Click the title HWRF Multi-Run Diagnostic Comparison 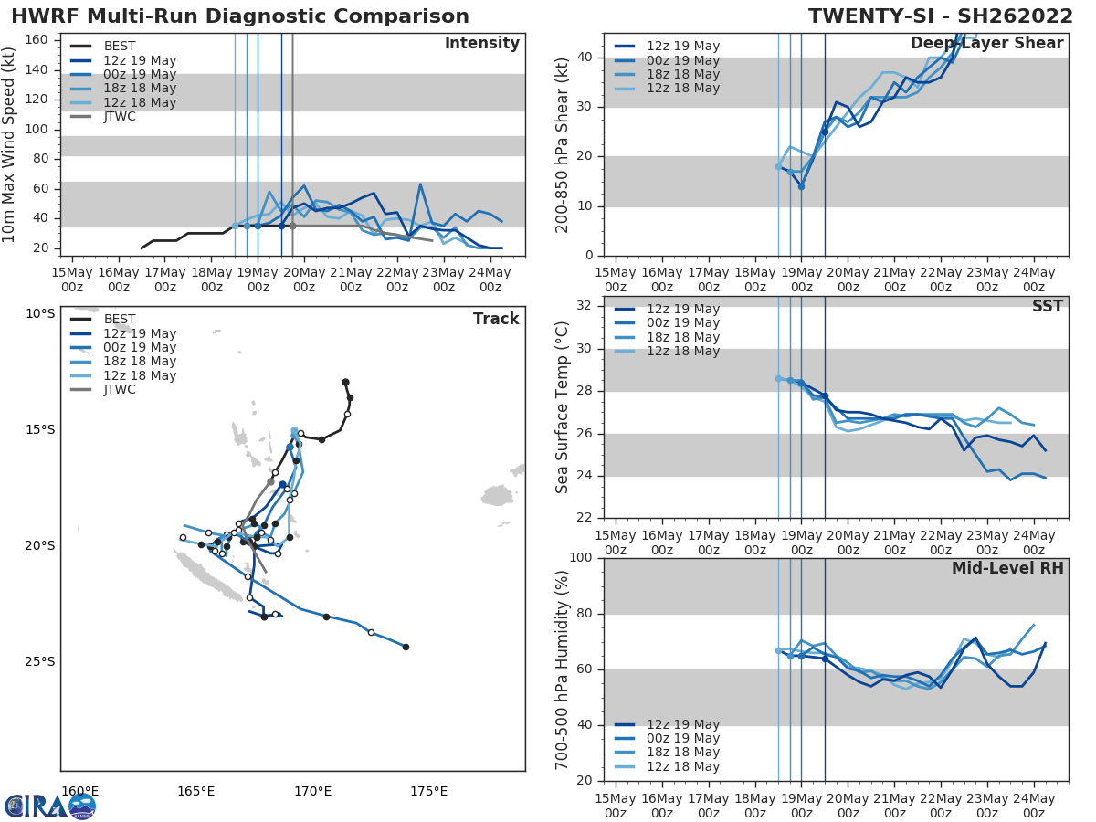(240, 16)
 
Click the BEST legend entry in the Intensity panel (119, 47)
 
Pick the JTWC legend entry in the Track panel (119, 390)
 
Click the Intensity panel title (481, 44)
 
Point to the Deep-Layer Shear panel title (986, 44)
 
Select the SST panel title (1048, 307)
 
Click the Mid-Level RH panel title (1007, 569)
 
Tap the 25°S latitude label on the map (39, 662)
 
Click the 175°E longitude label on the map (428, 791)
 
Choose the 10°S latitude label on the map (39, 314)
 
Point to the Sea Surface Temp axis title (563, 407)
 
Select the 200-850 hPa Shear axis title (563, 144)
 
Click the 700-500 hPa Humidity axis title (563, 669)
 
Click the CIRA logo (50, 806)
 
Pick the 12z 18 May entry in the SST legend (683, 352)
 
